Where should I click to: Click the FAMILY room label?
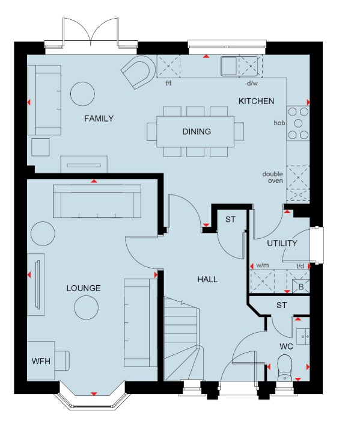click(x=99, y=119)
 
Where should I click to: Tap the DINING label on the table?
click(x=197, y=132)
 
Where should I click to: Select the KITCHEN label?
click(x=256, y=101)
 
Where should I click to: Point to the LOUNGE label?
click(x=84, y=288)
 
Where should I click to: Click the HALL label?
click(x=207, y=279)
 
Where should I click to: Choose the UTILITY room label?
click(x=282, y=243)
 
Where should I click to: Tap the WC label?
click(x=286, y=347)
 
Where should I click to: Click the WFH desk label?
click(x=41, y=361)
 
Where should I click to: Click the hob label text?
click(x=279, y=123)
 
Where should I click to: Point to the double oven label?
click(x=273, y=177)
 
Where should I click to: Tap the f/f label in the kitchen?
click(x=169, y=83)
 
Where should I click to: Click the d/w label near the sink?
click(x=252, y=83)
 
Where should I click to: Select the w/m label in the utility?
click(x=263, y=265)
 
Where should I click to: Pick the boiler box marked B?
click(x=301, y=287)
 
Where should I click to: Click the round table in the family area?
click(x=82, y=94)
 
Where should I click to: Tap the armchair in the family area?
click(x=137, y=72)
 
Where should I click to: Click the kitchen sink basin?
click(x=229, y=66)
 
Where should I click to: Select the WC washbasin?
click(x=303, y=336)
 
